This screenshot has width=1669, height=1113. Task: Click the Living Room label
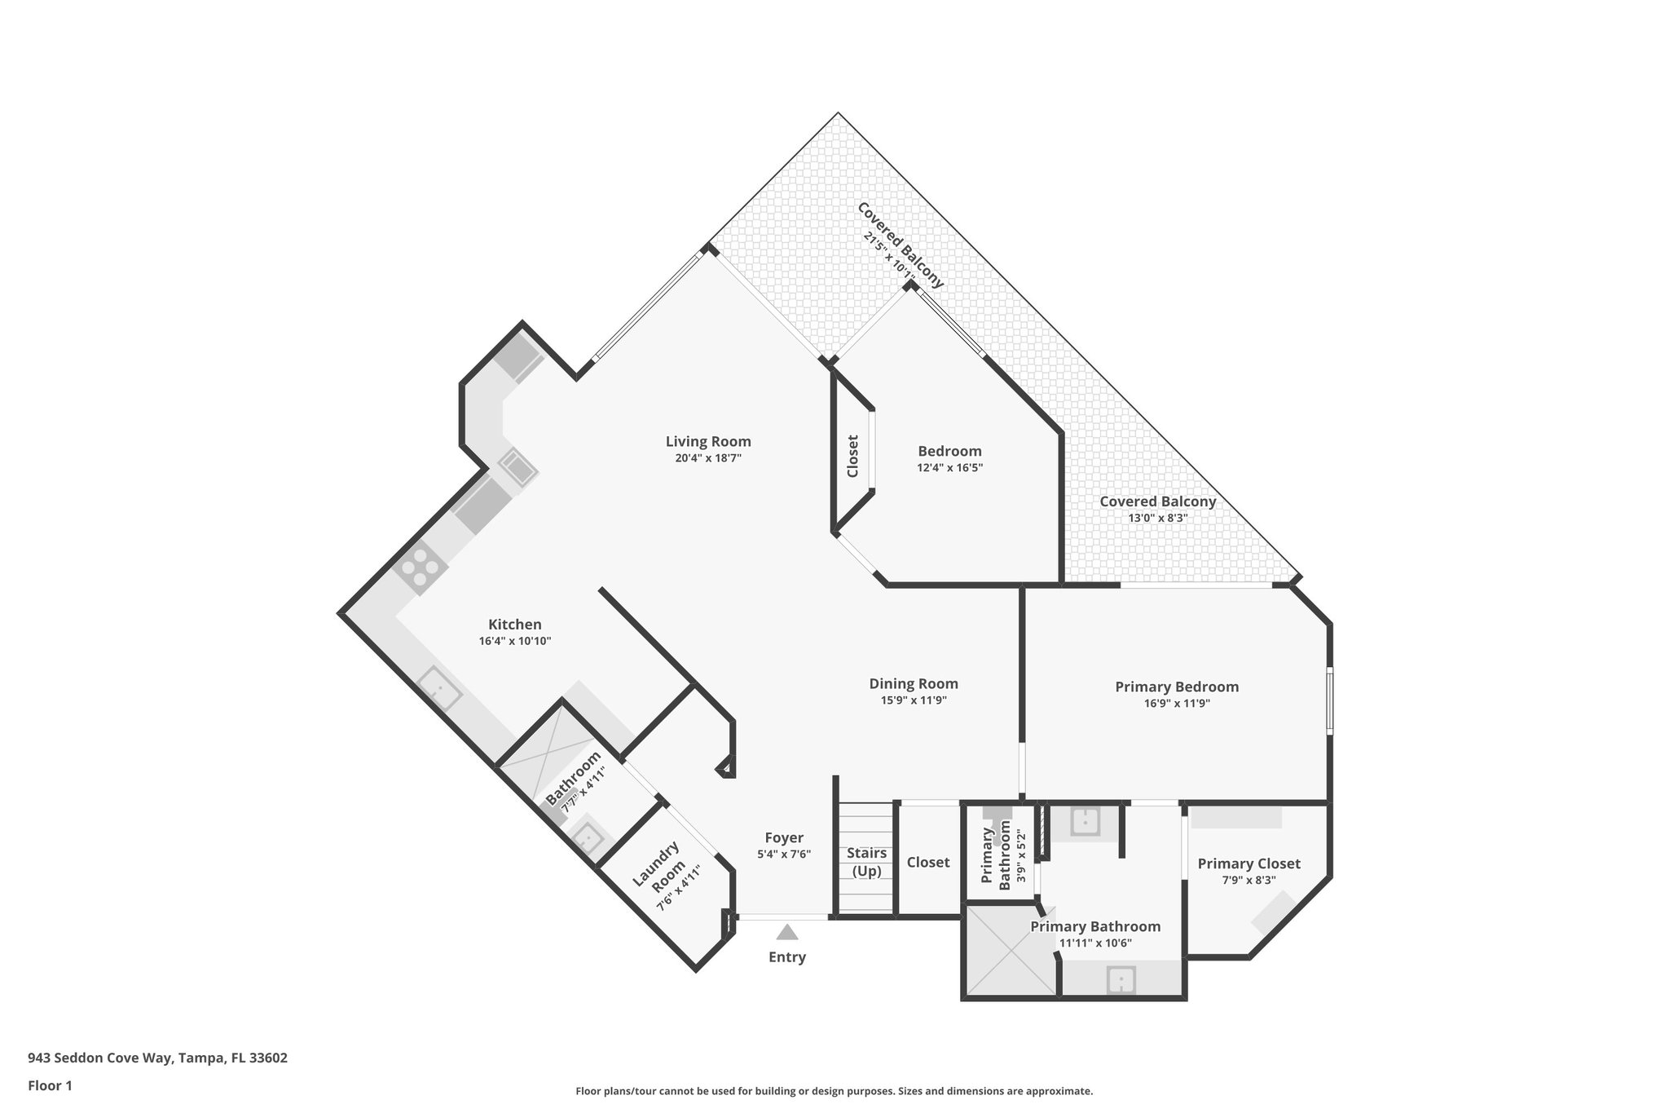click(x=707, y=441)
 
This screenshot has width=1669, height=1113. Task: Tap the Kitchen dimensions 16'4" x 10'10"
click(x=515, y=641)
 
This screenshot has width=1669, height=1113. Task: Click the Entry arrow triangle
click(x=786, y=932)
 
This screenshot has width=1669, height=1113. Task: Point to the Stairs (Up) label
click(x=866, y=862)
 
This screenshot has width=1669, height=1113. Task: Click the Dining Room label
click(x=913, y=683)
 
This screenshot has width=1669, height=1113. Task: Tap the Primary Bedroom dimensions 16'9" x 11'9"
click(x=1176, y=703)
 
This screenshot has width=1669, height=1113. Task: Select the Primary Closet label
click(x=1248, y=863)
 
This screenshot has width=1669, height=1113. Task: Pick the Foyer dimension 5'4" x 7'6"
click(x=783, y=854)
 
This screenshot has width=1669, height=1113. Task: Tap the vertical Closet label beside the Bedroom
click(x=852, y=457)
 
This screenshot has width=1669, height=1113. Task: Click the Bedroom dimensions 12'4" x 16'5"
click(x=949, y=468)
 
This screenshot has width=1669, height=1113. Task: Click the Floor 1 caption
click(x=50, y=1085)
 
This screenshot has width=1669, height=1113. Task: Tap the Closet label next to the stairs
click(x=927, y=862)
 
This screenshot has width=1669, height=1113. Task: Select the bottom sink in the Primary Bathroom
click(x=1121, y=979)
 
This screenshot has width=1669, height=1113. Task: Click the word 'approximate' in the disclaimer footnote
click(x=1058, y=1091)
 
